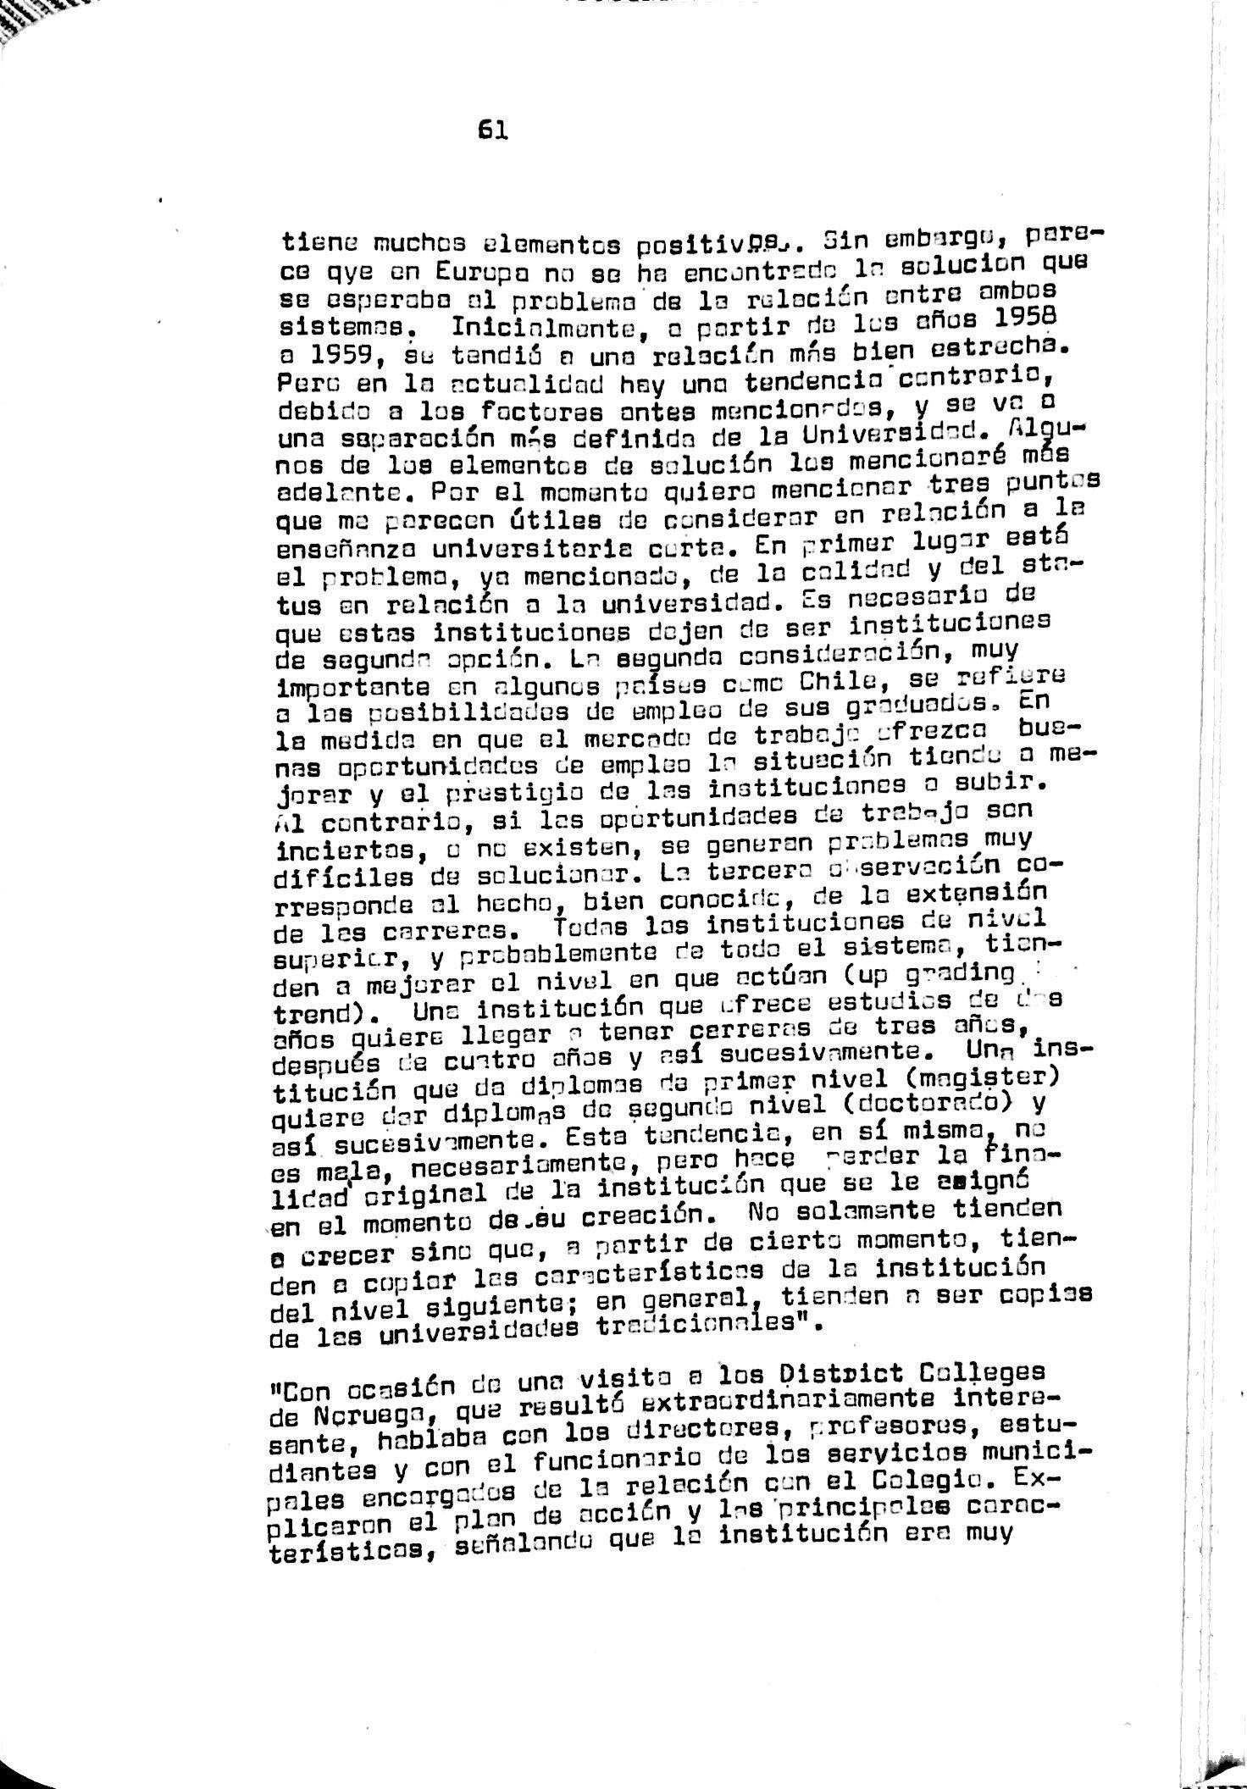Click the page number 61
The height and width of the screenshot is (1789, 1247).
[x=492, y=130]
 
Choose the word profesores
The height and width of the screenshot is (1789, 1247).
[x=889, y=1427]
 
